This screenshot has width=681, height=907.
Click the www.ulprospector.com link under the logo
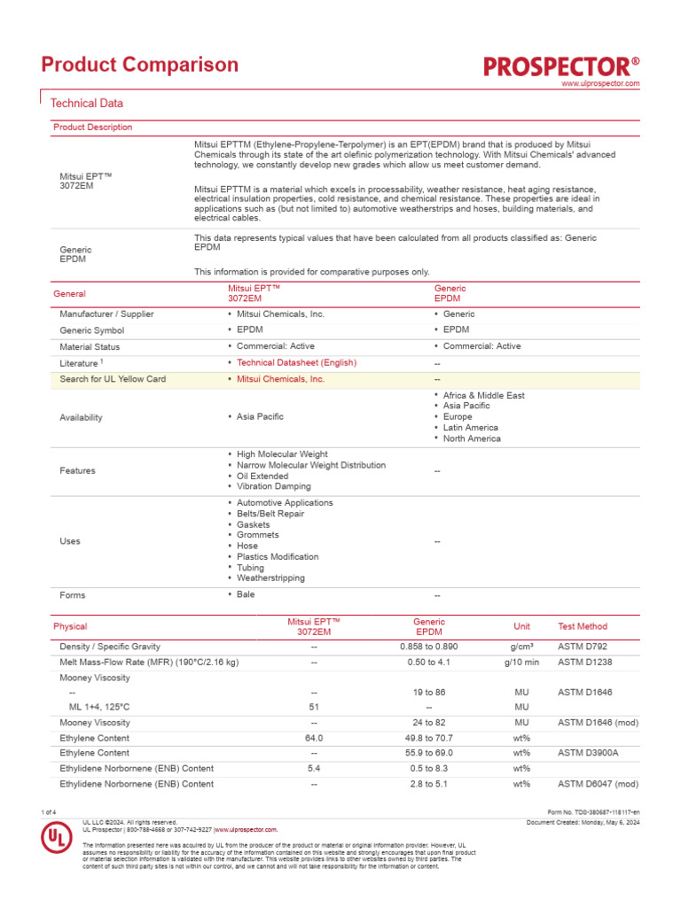pos(600,83)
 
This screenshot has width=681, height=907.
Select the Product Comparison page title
pos(140,65)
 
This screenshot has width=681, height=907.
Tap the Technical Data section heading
pos(87,104)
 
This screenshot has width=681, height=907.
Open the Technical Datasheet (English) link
pos(296,363)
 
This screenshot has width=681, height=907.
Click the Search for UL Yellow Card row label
pos(113,379)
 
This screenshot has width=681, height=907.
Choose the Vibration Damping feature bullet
pos(273,486)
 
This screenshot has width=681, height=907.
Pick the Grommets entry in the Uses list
pos(257,535)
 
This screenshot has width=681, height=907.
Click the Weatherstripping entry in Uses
pos(270,578)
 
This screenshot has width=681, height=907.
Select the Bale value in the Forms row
pos(246,594)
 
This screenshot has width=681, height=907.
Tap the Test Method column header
pos(583,627)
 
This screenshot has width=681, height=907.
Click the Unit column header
pos(521,627)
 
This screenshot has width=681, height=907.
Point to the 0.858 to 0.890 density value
pos(429,647)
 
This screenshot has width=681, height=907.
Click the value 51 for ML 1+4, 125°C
pos(314,708)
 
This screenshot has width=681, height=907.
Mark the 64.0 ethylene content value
pos(314,738)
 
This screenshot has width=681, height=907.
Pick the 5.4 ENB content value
pos(314,768)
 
